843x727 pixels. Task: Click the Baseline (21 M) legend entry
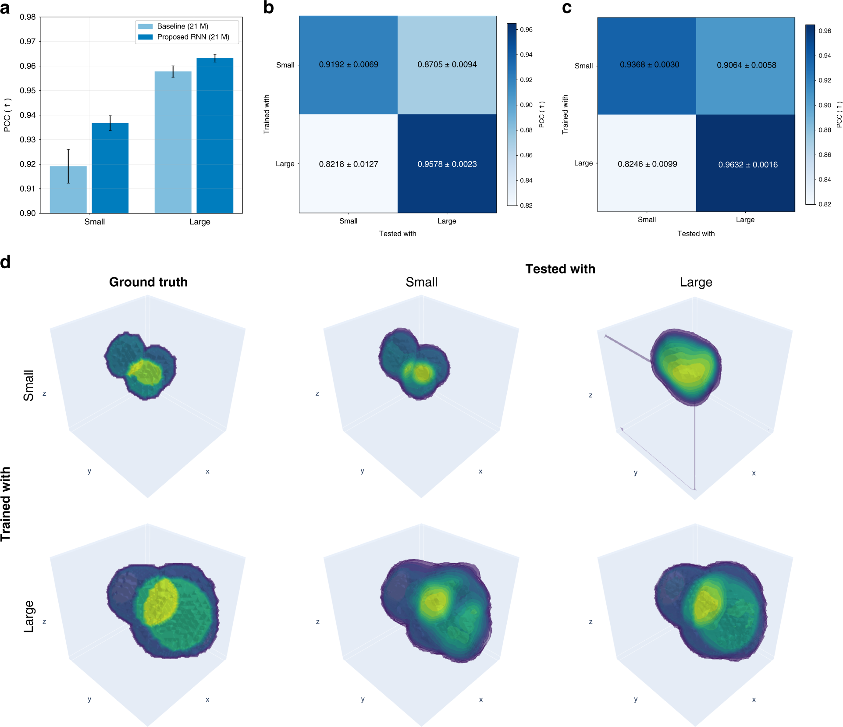(x=182, y=26)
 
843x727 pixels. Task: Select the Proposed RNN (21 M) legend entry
(x=193, y=37)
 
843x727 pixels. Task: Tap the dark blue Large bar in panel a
(x=215, y=136)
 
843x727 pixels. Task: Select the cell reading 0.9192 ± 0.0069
(x=349, y=64)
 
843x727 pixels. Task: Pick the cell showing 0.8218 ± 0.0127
(x=349, y=164)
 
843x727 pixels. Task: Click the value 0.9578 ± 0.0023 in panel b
(x=447, y=164)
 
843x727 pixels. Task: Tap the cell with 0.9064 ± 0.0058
(x=746, y=65)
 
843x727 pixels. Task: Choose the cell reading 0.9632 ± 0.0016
(x=747, y=164)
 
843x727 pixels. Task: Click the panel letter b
(x=268, y=8)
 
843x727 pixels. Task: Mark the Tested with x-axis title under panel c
(x=696, y=234)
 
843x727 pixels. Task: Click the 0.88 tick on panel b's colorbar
(x=526, y=130)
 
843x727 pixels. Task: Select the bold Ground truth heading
(x=148, y=282)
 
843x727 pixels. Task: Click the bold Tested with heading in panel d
(x=560, y=269)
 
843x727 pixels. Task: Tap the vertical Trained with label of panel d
(x=6, y=504)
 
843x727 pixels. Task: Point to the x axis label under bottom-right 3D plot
(x=754, y=699)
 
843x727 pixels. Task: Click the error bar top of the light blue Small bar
(x=68, y=150)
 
